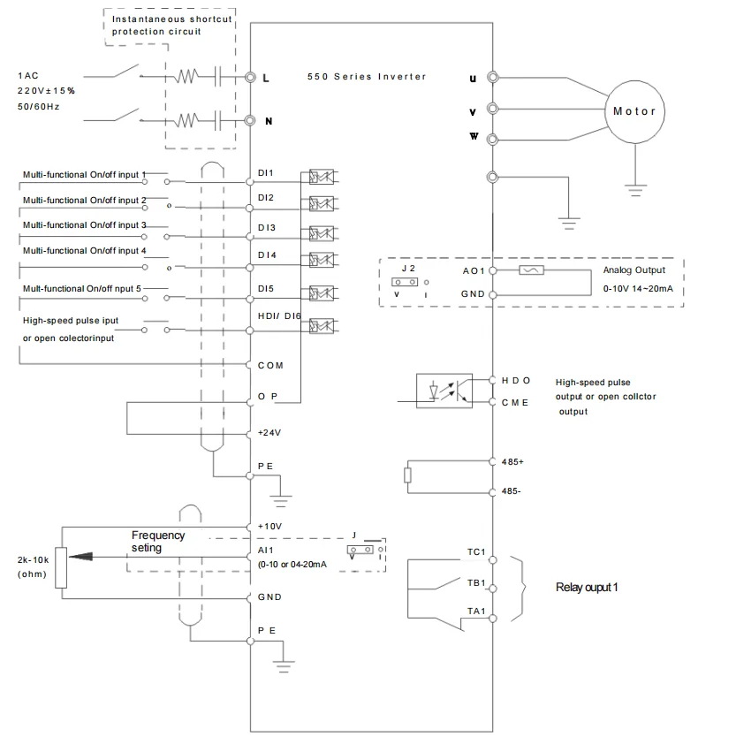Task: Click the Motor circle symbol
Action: tap(634, 111)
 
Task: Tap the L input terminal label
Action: tap(266, 78)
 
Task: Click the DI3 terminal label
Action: tap(267, 227)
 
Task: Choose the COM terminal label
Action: tap(270, 365)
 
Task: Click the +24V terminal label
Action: tap(269, 433)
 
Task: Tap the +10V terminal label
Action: tap(269, 525)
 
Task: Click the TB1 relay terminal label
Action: tap(476, 583)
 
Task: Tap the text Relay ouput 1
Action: tap(586, 588)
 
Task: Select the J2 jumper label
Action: tap(407, 267)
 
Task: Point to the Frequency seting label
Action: tap(158, 541)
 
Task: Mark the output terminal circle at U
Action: tap(491, 78)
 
